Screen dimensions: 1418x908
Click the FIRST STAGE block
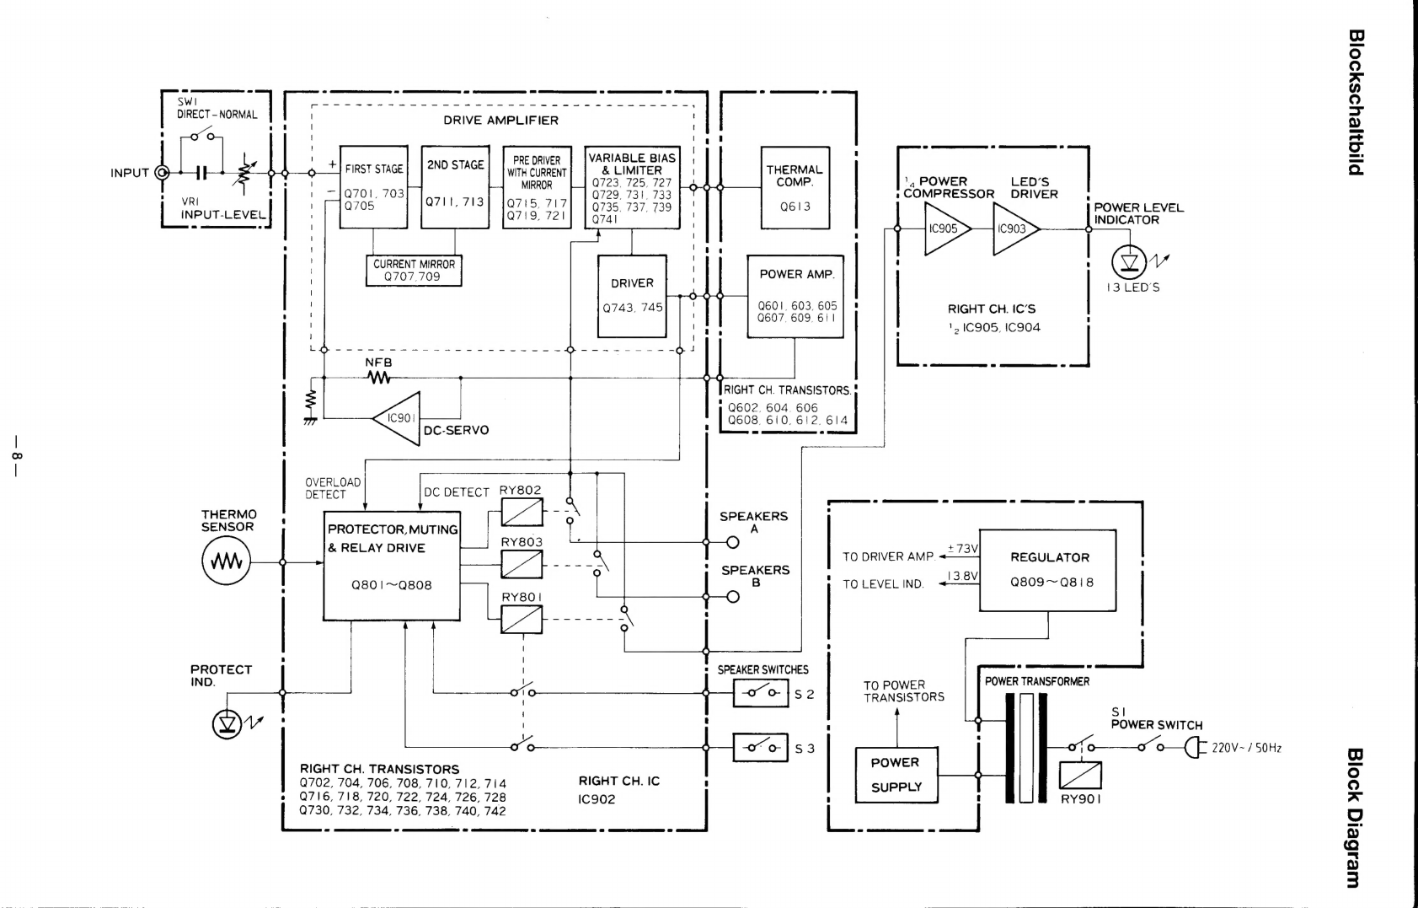click(x=373, y=187)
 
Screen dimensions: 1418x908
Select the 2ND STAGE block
click(x=455, y=187)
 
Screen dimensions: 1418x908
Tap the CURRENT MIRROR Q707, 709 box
click(x=414, y=271)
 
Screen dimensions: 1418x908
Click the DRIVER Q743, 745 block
click(x=633, y=296)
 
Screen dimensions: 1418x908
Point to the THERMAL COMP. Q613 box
click(x=795, y=187)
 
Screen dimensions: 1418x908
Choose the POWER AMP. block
click(x=795, y=297)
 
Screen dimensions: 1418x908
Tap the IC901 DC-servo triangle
click(x=397, y=418)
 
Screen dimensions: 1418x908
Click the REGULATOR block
click(x=1047, y=570)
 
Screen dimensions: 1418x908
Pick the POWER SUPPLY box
click(x=896, y=775)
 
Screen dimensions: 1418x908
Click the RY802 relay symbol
click(x=522, y=512)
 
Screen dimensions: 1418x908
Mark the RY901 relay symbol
click(x=1081, y=775)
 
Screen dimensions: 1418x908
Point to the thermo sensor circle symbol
click(x=226, y=561)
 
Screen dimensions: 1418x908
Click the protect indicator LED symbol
click(x=227, y=723)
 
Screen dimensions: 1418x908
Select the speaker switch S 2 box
click(x=761, y=693)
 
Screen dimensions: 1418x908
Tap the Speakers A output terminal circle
click(x=733, y=542)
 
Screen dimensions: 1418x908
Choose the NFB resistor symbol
click(x=379, y=378)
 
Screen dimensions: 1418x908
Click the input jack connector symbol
click(x=163, y=172)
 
